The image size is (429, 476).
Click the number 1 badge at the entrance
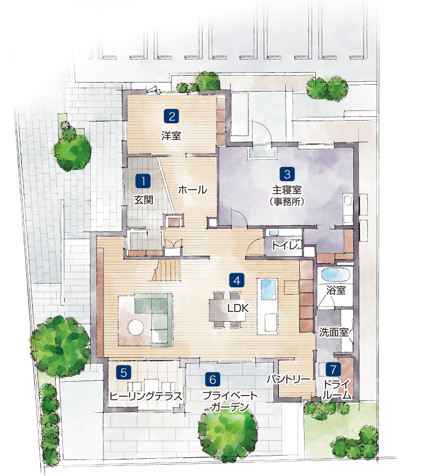click(143, 181)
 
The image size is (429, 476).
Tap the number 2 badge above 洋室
click(171, 116)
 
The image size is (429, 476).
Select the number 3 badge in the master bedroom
click(287, 174)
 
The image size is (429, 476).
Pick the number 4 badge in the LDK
click(237, 280)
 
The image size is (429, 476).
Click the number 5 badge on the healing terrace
click(123, 372)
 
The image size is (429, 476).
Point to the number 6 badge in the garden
click(212, 379)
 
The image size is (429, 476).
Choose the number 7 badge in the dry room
click(333, 369)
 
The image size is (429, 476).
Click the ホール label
click(193, 190)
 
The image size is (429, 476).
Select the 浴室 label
click(336, 290)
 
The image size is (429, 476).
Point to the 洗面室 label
click(334, 332)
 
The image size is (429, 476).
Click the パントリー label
click(289, 379)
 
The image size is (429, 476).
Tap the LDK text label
click(238, 308)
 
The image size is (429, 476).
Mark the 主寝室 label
click(286, 190)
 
